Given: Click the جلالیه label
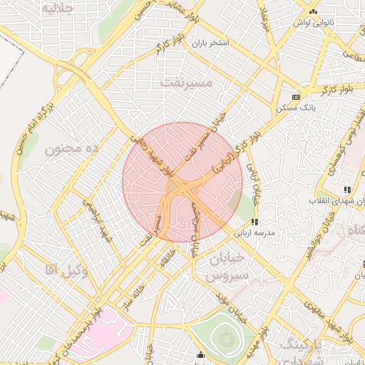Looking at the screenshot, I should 58,8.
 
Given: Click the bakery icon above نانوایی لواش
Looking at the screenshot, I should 314,12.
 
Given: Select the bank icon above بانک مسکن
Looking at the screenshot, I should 297,97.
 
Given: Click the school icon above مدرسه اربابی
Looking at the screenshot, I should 255,222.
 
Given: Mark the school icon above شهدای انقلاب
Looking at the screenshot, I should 346,190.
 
